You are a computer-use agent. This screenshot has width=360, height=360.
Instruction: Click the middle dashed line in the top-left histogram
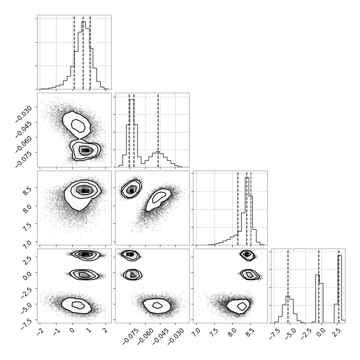[x=83, y=52]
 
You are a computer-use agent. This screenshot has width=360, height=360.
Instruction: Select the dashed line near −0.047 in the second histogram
[x=158, y=130]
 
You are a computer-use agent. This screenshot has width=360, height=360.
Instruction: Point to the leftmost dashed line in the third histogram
[x=238, y=209]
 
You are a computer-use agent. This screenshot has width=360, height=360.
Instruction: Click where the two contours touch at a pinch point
[x=80, y=139]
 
